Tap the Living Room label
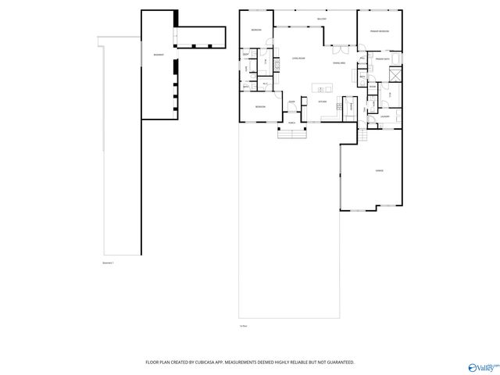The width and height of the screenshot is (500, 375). (x=298, y=59)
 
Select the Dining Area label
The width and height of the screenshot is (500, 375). (x=339, y=62)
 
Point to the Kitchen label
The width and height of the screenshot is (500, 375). (x=322, y=102)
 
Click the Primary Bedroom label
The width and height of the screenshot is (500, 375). (x=380, y=31)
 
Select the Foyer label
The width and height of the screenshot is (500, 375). (x=291, y=102)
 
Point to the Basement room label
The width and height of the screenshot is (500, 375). (x=158, y=54)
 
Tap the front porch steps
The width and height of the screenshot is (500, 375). (x=293, y=133)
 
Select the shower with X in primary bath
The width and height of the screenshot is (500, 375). (x=396, y=76)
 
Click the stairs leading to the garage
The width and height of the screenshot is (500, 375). (x=363, y=135)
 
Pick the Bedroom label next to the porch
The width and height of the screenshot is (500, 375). (x=259, y=106)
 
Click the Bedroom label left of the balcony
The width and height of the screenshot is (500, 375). (x=256, y=30)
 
